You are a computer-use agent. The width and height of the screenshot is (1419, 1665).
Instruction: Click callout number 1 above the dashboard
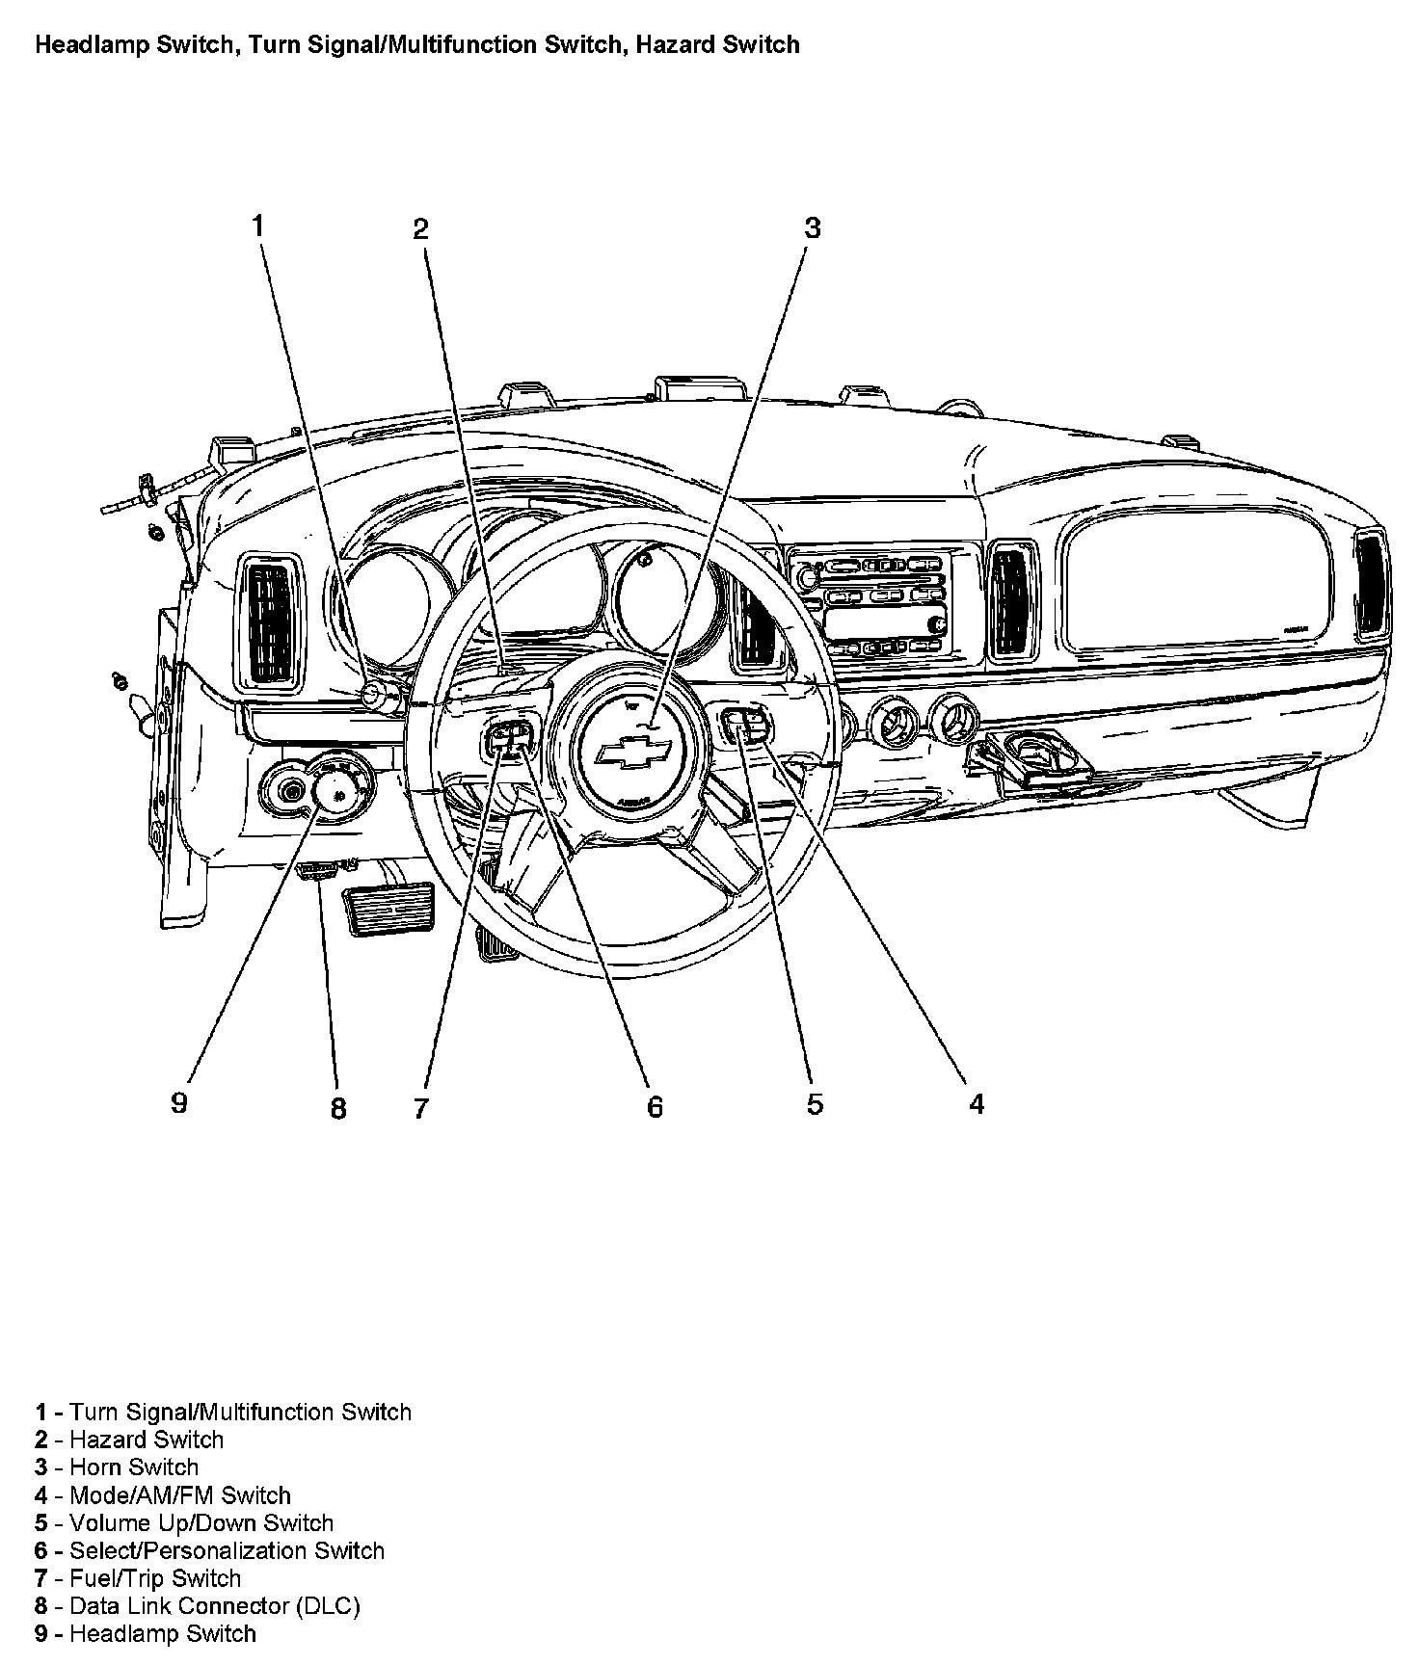(x=257, y=225)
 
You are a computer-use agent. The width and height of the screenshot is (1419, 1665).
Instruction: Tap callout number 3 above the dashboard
(x=813, y=228)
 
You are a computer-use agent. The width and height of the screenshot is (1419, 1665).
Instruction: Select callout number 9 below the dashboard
(x=179, y=1102)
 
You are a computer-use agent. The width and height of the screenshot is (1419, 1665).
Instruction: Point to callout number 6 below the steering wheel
(x=655, y=1107)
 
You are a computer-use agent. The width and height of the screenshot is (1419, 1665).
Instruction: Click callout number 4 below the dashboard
(x=977, y=1104)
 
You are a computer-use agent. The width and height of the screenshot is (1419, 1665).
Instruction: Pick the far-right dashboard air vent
(x=1370, y=587)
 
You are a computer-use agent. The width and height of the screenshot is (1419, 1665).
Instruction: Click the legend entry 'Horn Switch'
(x=134, y=1467)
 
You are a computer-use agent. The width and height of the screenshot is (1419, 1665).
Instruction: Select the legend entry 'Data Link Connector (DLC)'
(x=214, y=1606)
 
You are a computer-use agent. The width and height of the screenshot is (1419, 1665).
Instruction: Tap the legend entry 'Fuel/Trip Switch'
(x=154, y=1578)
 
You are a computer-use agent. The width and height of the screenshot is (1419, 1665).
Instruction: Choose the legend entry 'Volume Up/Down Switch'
(x=201, y=1523)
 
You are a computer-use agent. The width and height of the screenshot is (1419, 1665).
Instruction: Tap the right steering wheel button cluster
(x=748, y=724)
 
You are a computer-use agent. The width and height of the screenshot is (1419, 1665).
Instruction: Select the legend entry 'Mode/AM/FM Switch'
(x=179, y=1495)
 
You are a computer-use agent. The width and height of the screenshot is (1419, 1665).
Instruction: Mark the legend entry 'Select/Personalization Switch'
(x=227, y=1550)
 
